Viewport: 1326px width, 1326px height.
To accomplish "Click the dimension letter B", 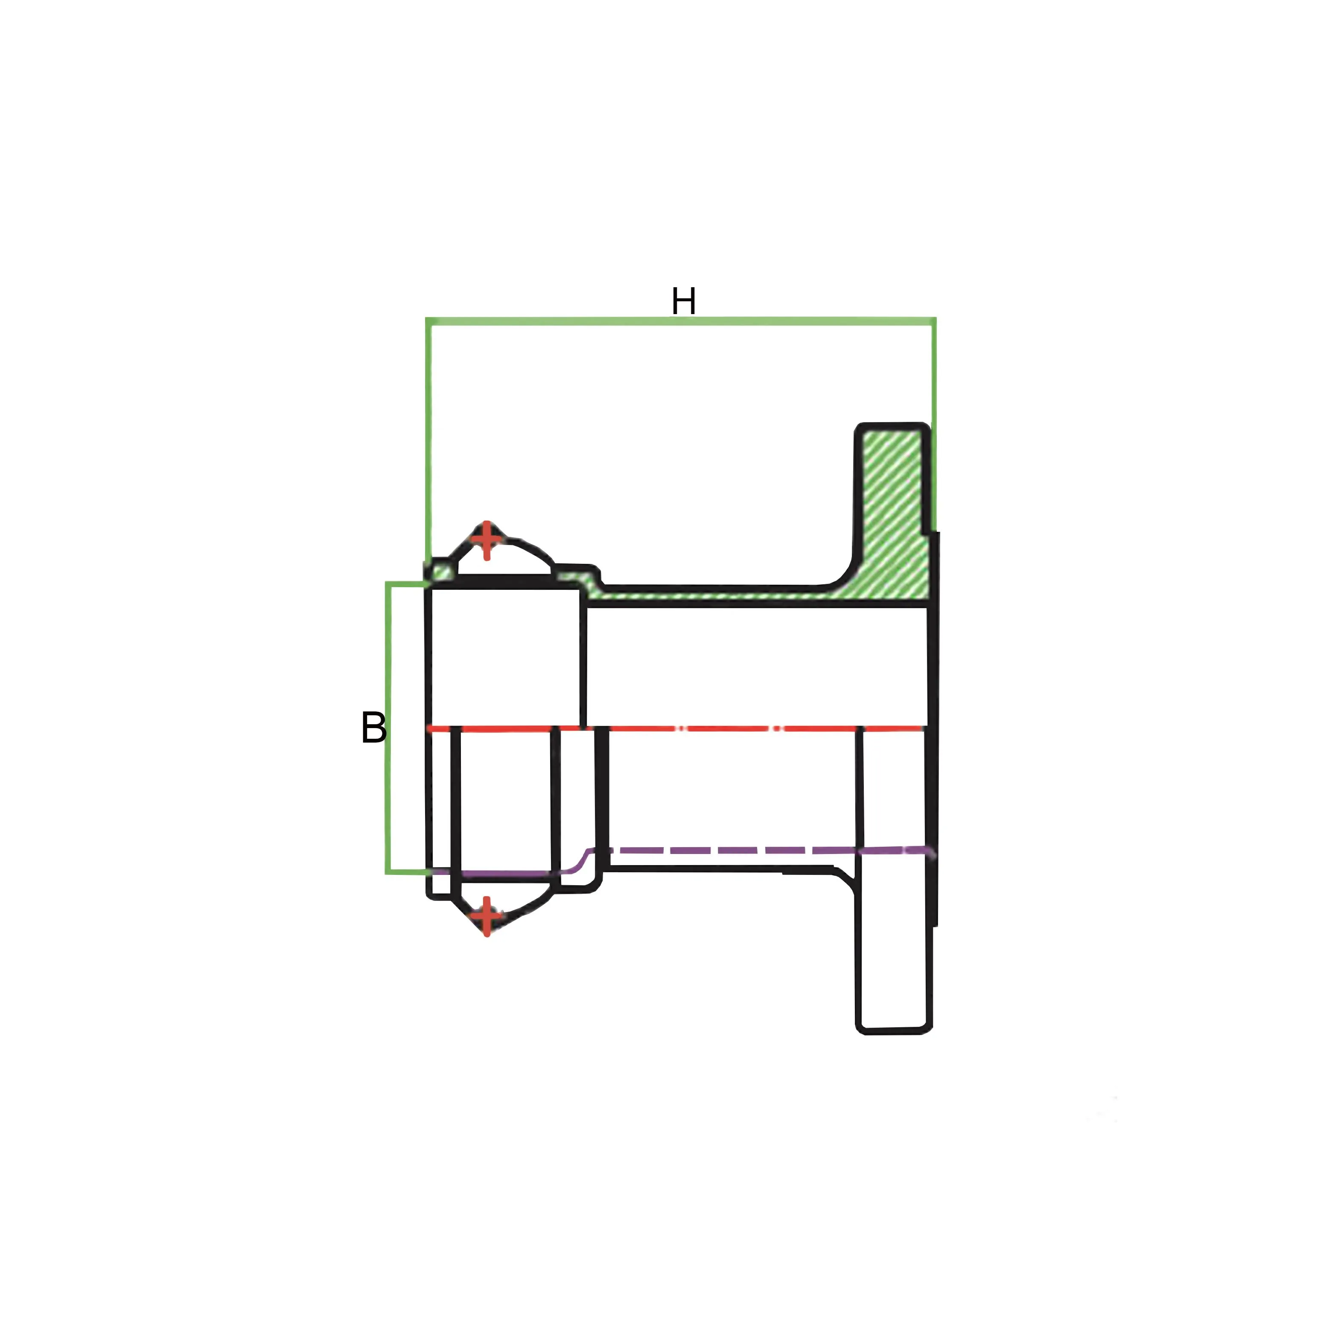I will pyautogui.click(x=373, y=728).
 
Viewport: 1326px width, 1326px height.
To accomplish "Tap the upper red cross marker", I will pyautogui.click(x=487, y=539).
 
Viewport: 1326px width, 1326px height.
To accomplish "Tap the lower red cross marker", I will pyautogui.click(x=487, y=915).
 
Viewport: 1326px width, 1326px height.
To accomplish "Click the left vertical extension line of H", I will pyautogui.click(x=429, y=439).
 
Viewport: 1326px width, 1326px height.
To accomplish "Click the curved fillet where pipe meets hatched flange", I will pyautogui.click(x=843, y=575).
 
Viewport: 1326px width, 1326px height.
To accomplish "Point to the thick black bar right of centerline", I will pyautogui.click(x=603, y=789).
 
